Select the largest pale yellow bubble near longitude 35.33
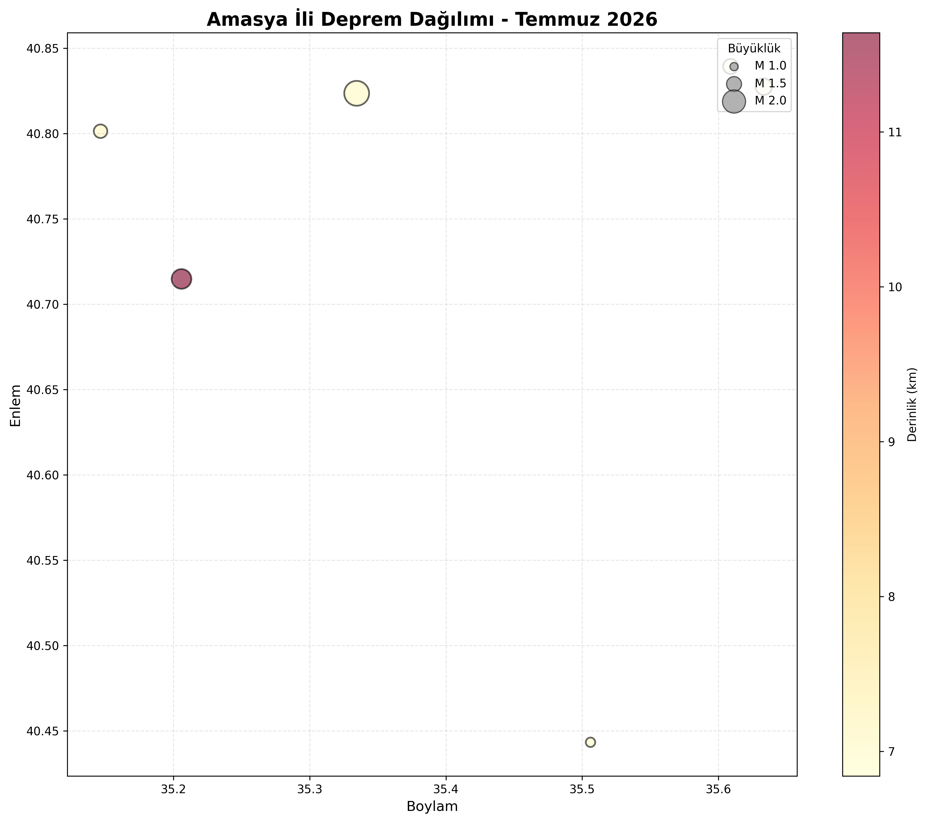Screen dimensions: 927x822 357,93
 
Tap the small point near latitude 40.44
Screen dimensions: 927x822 590,742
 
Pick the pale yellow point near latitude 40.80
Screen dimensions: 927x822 101,131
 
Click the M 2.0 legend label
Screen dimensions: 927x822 770,101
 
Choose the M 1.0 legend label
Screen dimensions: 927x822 770,66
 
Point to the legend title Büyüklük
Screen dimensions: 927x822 754,48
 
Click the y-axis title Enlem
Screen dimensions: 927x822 16,405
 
